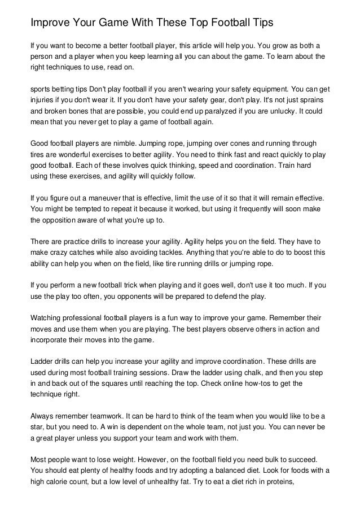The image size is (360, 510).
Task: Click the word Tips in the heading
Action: coord(261,23)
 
